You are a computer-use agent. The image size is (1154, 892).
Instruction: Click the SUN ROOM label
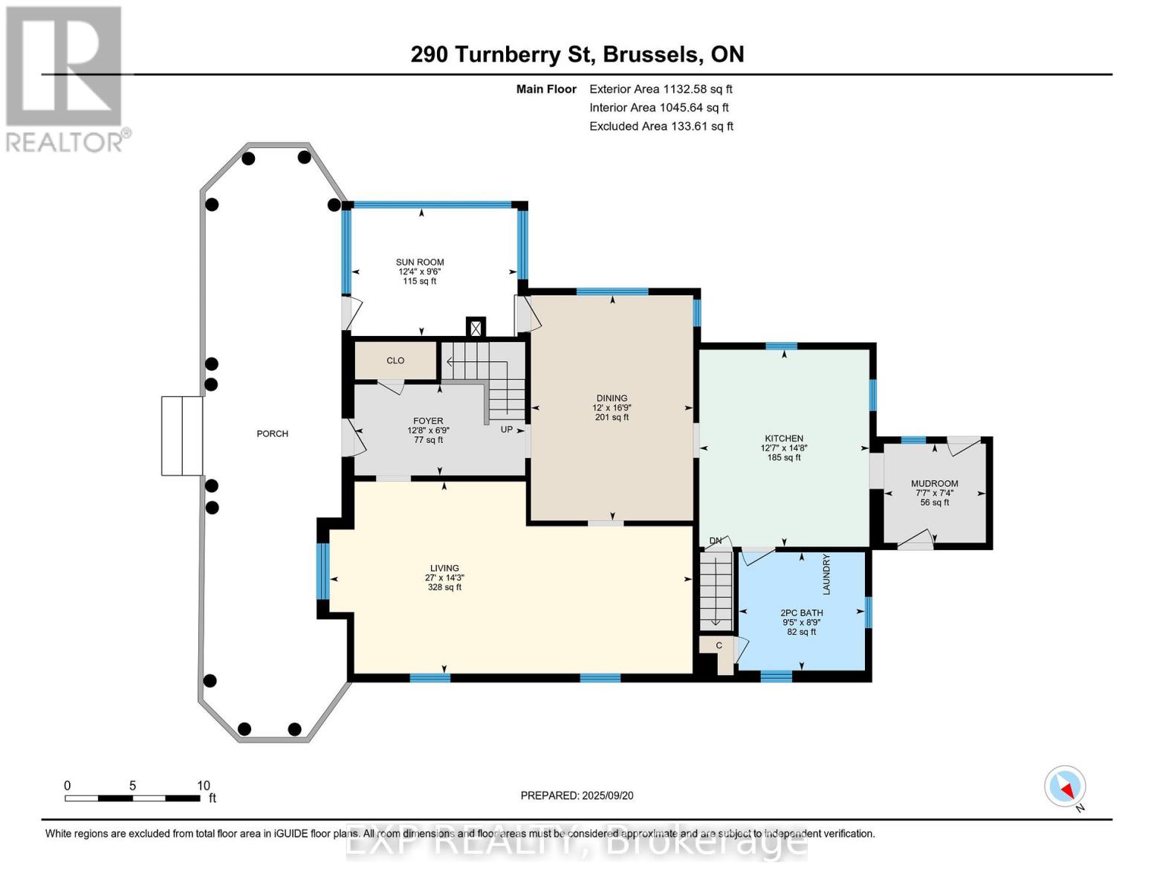pos(420,262)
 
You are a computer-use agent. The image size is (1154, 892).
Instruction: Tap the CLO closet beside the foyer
pos(395,361)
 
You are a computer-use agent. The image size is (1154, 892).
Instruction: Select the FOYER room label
pos(428,421)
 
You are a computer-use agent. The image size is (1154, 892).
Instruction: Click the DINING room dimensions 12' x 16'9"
pos(612,408)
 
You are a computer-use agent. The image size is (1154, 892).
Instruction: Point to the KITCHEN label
pos(784,439)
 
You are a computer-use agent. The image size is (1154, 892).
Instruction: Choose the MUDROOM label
pos(935,484)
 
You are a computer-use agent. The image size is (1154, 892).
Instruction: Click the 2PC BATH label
pos(802,613)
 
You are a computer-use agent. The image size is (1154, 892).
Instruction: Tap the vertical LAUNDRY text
pos(826,574)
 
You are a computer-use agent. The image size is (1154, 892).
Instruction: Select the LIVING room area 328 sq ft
pos(444,587)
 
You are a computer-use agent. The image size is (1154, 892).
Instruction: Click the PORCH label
pos(272,433)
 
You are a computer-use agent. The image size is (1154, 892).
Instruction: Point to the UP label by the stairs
pos(507,430)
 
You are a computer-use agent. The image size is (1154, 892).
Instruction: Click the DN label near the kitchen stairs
pos(716,540)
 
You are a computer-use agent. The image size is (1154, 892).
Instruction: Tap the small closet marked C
pos(719,646)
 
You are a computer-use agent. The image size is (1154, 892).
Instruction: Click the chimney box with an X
pos(476,328)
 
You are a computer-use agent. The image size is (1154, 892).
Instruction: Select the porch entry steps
pos(182,436)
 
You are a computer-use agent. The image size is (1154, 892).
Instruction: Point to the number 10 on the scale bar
pos(204,786)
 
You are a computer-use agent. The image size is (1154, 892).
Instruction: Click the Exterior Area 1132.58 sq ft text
pos(661,89)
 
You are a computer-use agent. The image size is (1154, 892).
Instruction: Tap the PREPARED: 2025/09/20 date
pos(577,795)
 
